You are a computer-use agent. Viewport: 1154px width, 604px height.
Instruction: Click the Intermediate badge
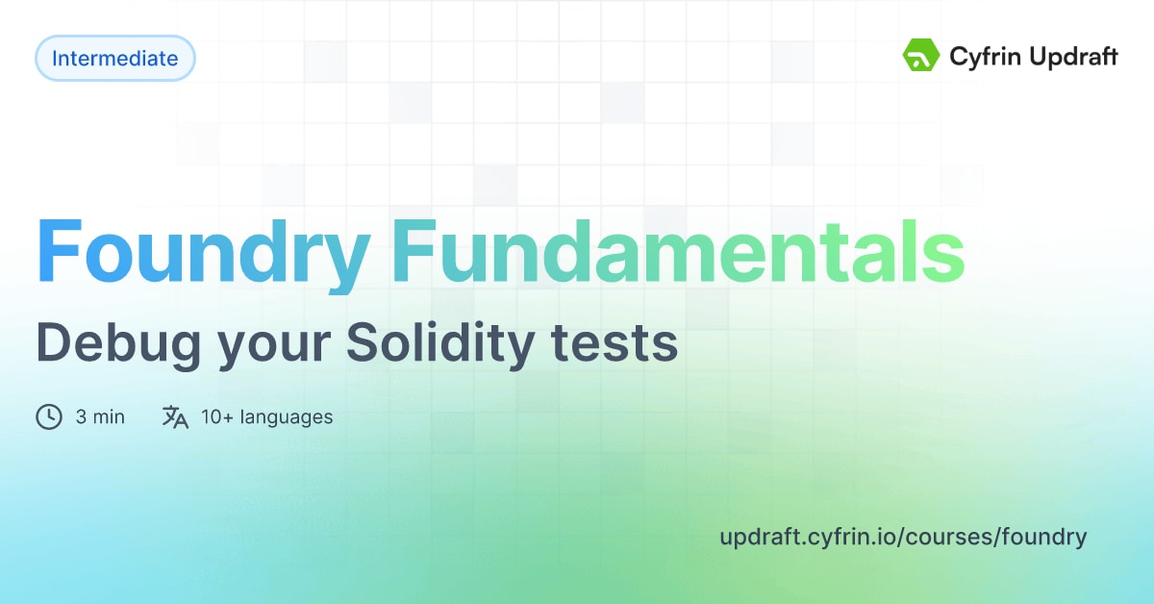tap(114, 59)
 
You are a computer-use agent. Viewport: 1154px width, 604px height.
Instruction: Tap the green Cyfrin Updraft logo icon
tap(920, 56)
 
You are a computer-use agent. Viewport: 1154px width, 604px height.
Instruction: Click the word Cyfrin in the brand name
tap(979, 57)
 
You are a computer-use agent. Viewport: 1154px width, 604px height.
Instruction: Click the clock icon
tap(49, 416)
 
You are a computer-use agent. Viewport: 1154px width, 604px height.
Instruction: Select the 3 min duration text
tap(100, 417)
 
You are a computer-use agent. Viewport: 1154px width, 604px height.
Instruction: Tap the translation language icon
tap(175, 416)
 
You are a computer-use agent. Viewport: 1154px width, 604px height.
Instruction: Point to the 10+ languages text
tap(267, 417)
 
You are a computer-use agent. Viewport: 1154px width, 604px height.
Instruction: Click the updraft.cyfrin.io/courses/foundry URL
tap(903, 537)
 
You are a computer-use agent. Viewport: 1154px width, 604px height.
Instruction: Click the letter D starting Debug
tap(54, 343)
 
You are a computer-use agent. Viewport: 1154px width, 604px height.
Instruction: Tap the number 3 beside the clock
tap(82, 417)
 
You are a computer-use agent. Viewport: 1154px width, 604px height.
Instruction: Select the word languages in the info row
tap(287, 417)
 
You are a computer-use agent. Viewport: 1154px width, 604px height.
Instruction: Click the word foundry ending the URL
tap(1044, 537)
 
